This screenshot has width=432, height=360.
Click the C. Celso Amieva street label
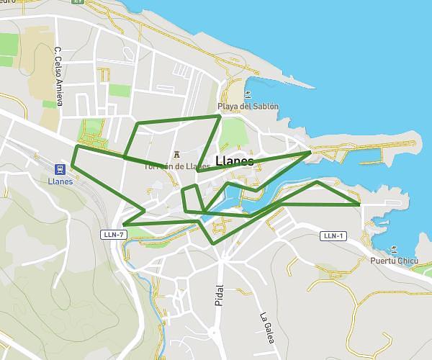[58, 76]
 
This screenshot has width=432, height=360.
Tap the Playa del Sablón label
[248, 107]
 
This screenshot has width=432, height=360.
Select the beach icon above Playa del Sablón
[248, 94]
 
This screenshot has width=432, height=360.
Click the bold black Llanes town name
[234, 162]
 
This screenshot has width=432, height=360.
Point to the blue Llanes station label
[60, 181]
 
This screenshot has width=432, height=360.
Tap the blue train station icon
[60, 169]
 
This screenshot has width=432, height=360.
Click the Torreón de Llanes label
[176, 166]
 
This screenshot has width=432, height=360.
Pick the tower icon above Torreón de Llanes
[176, 153]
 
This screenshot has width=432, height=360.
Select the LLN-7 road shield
[114, 235]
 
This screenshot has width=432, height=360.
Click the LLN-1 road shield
[333, 235]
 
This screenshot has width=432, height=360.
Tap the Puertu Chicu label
[395, 261]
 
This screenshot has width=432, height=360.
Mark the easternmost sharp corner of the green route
[359, 204]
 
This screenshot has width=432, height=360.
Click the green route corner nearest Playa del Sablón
[220, 115]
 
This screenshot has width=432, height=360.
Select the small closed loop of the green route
[191, 199]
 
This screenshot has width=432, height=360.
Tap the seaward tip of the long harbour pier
[314, 87]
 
